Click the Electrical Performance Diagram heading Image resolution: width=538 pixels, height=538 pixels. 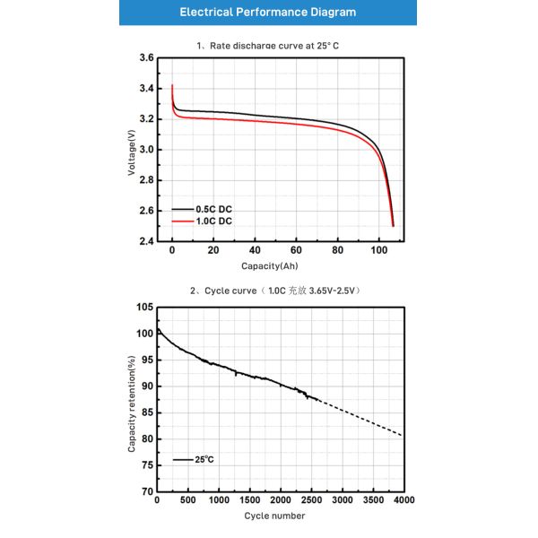267,13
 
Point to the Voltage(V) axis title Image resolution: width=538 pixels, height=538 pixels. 131,150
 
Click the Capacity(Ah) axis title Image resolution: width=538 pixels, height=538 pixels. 269,266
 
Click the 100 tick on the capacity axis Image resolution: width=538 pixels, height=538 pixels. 378,252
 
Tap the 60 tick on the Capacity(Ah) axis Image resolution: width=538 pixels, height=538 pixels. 296,252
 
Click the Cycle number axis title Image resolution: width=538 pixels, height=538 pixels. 274,516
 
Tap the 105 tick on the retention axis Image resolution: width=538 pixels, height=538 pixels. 143,307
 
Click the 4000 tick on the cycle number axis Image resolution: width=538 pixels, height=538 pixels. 403,500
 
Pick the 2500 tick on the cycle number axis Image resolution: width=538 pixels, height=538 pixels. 310,500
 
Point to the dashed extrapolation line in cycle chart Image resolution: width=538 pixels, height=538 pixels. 359,416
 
